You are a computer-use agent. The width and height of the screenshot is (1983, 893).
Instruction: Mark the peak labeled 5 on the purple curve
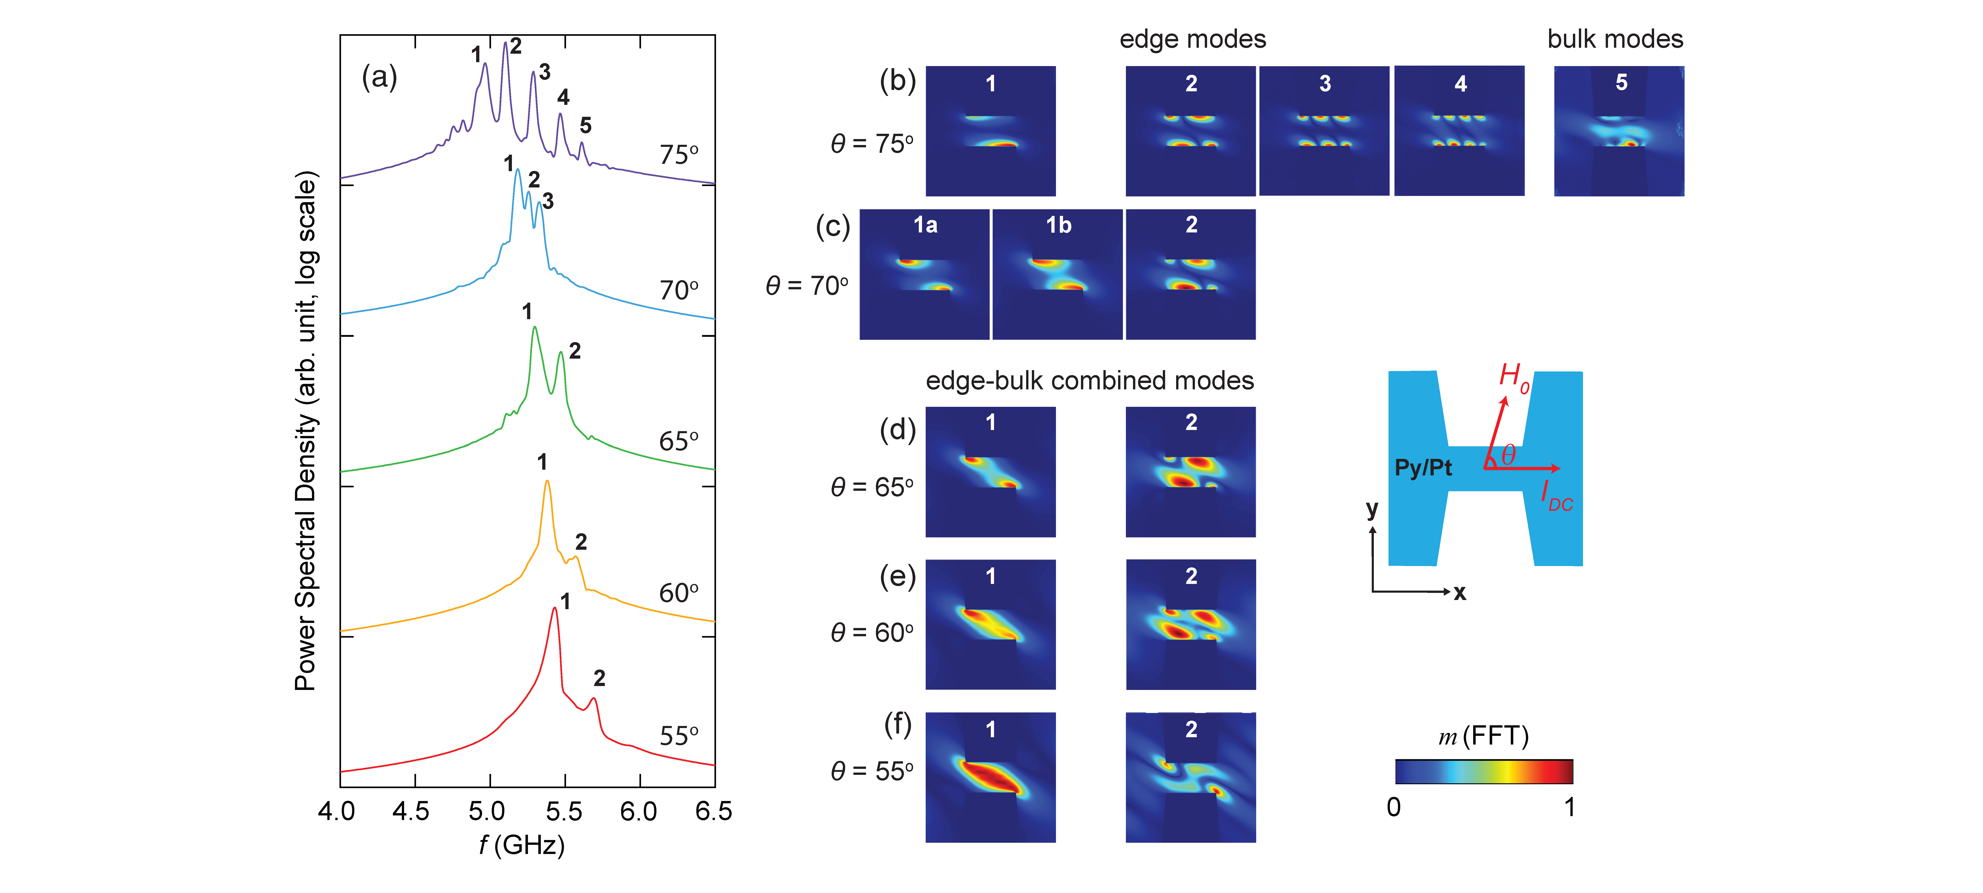(x=582, y=143)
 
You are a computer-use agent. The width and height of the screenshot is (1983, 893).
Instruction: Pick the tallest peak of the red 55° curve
(x=554, y=609)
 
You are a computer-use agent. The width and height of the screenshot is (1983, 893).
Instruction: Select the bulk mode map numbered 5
(x=1619, y=131)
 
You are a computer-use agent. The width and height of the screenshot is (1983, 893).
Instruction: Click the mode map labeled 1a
(x=925, y=274)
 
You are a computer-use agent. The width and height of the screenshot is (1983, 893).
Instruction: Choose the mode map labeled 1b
(x=1058, y=274)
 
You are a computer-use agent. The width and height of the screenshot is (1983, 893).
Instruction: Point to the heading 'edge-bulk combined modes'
(x=1089, y=380)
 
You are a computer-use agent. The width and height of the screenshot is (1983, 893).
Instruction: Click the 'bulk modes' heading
(x=1615, y=39)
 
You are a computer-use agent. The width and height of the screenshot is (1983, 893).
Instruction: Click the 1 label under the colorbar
(x=1569, y=807)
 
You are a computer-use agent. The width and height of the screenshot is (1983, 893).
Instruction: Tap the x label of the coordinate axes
(x=1460, y=593)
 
